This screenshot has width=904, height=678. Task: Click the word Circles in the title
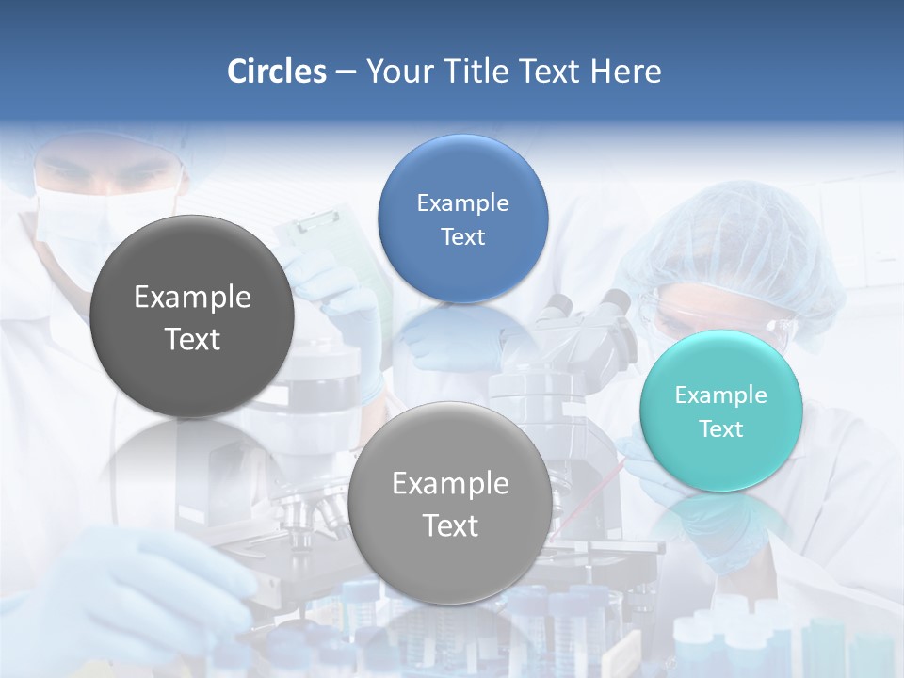coord(277,72)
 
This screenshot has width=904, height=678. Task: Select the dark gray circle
coord(192,316)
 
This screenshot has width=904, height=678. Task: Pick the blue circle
coord(462,218)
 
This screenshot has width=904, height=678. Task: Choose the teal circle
coord(721,411)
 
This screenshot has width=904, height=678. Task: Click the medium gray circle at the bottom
coord(450,503)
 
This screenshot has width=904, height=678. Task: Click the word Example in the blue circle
coord(462,202)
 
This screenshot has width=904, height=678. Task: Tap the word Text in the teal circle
coord(721,429)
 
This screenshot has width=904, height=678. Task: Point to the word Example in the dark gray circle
coord(192,297)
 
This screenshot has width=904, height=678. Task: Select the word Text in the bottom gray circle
coord(450,525)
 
